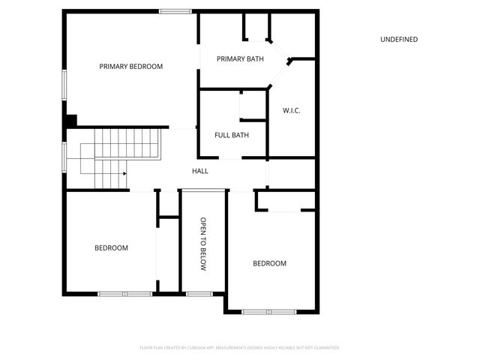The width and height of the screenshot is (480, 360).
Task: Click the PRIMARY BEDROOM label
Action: [131, 67]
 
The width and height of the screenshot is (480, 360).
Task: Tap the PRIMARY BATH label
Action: [240, 59]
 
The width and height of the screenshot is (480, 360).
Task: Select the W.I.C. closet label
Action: [292, 111]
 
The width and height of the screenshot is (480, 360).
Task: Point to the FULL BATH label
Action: [232, 136]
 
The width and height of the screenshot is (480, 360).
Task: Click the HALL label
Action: [200, 172]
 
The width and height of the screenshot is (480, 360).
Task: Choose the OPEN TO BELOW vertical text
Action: [202, 244]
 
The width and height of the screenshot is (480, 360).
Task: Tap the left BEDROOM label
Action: [111, 248]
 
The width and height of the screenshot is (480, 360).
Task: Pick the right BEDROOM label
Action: [269, 263]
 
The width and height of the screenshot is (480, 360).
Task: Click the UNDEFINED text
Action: [399, 40]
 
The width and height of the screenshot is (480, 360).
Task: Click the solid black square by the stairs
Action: [71, 120]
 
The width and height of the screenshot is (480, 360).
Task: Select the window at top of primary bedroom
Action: [174, 10]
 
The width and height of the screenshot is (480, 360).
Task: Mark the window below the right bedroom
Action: [269, 310]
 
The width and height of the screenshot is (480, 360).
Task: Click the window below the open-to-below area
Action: [198, 293]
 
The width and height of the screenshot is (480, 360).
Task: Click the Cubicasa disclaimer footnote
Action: [240, 348]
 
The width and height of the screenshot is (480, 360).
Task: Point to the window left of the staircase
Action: [64, 156]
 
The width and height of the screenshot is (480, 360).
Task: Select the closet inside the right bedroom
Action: [285, 201]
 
